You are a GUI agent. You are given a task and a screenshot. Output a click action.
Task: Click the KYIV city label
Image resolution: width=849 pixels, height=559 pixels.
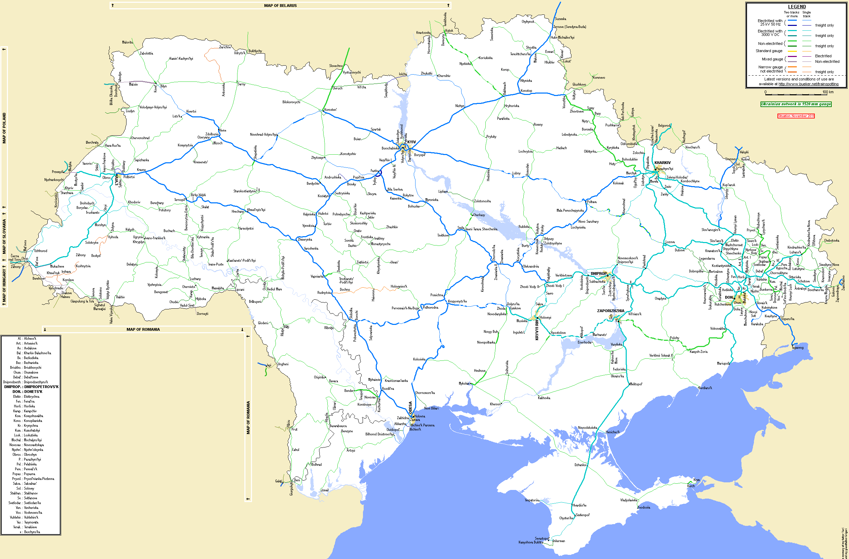411,142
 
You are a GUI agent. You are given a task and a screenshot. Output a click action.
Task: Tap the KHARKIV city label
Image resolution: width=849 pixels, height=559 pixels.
662,163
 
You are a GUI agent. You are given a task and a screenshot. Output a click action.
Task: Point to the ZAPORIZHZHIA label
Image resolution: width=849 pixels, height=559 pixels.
610,311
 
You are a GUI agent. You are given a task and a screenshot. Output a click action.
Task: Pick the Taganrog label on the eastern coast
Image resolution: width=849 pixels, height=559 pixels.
797,348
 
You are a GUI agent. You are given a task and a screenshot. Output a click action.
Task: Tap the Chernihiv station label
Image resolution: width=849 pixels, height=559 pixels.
444,76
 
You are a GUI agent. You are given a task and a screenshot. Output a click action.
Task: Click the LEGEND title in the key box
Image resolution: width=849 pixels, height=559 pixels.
797,7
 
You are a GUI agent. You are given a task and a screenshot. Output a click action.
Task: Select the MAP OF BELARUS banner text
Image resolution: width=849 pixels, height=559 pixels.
280,5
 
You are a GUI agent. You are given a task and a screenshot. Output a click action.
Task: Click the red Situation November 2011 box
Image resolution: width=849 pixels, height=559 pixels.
796,116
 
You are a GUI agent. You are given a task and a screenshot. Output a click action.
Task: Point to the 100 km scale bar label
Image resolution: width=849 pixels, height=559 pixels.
828,92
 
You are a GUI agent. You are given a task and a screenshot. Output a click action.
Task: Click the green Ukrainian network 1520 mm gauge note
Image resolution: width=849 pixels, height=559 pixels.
796,104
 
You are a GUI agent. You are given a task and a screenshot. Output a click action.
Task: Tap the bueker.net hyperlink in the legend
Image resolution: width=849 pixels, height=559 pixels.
808,84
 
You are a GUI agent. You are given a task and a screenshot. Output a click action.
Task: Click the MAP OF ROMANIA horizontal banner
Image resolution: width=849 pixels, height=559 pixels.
143,329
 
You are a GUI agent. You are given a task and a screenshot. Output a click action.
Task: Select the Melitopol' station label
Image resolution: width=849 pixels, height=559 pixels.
636,384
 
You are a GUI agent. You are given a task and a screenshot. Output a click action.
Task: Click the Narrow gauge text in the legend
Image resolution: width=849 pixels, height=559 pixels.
770,67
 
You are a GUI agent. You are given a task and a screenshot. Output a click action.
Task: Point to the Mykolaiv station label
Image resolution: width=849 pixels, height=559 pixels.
464,384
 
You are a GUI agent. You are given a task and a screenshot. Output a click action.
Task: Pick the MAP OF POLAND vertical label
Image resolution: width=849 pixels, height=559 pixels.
4,128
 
